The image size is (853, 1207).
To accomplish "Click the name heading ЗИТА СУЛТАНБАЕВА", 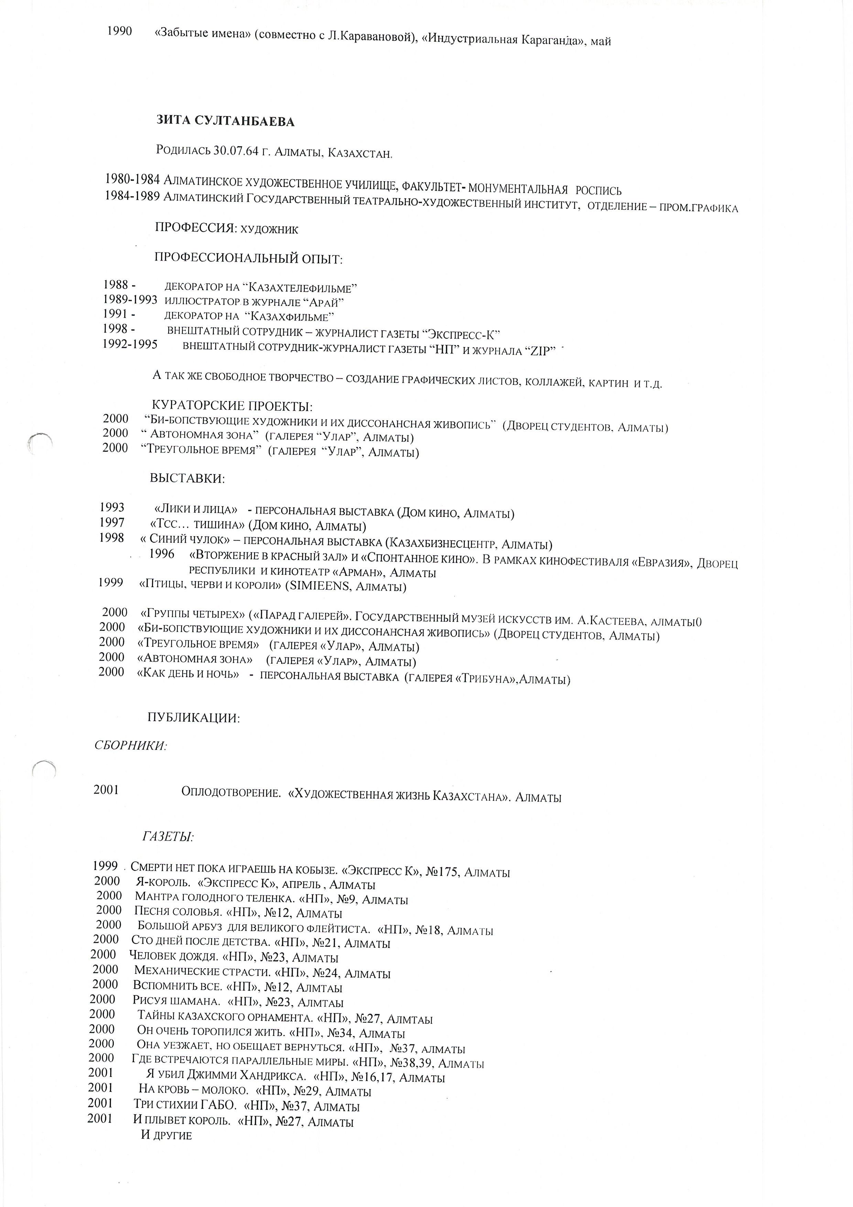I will tap(226, 121).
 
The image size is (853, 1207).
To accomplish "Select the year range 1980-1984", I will tap(132, 179).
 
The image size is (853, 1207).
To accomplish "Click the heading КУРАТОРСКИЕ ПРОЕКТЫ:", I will tap(232, 406).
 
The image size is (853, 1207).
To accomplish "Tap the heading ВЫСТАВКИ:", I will tap(188, 479).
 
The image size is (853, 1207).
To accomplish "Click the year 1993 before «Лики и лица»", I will tap(112, 507).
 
